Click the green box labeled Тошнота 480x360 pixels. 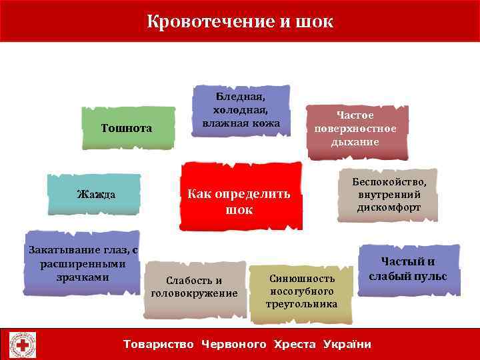(127, 127)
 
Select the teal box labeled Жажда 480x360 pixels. (95, 195)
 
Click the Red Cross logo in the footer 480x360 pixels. (23, 344)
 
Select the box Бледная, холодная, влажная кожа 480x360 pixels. (241, 111)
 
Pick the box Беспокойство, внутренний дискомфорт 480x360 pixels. (389, 194)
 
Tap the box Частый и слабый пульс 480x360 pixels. (408, 269)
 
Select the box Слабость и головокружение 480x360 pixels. (194, 287)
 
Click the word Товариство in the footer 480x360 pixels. (159, 344)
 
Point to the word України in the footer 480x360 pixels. (347, 344)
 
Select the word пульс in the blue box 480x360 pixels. (431, 276)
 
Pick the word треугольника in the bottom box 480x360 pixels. (301, 303)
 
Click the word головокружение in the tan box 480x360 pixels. (194, 293)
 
